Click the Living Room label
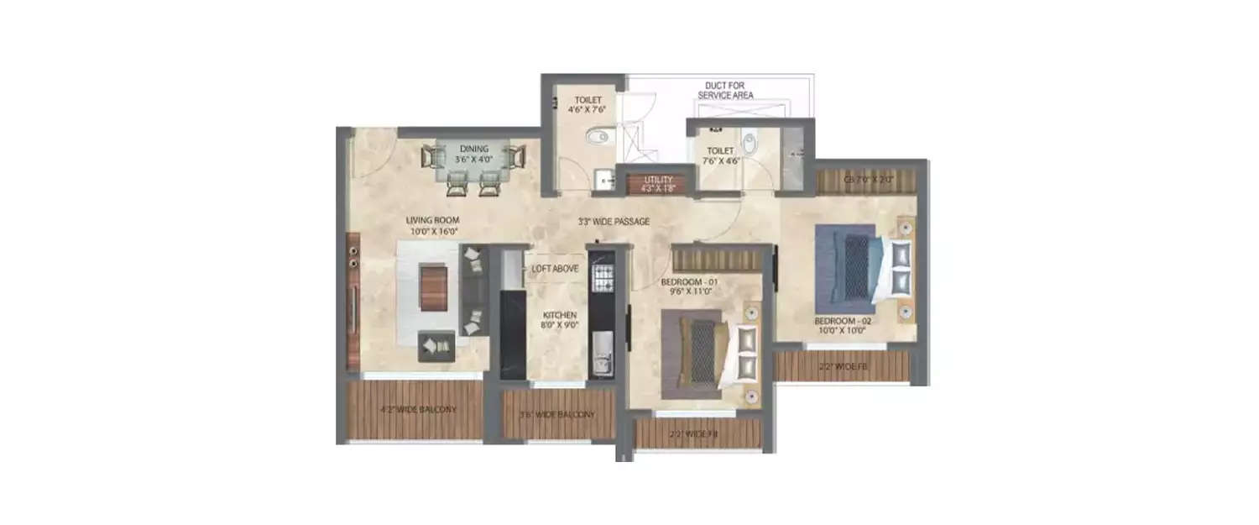click(x=434, y=226)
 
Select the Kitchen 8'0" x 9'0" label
click(x=558, y=320)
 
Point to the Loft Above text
click(x=555, y=269)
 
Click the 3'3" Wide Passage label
click(x=614, y=222)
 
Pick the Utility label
click(x=659, y=184)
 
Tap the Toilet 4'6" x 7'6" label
click(x=578, y=103)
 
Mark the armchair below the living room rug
click(x=436, y=345)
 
